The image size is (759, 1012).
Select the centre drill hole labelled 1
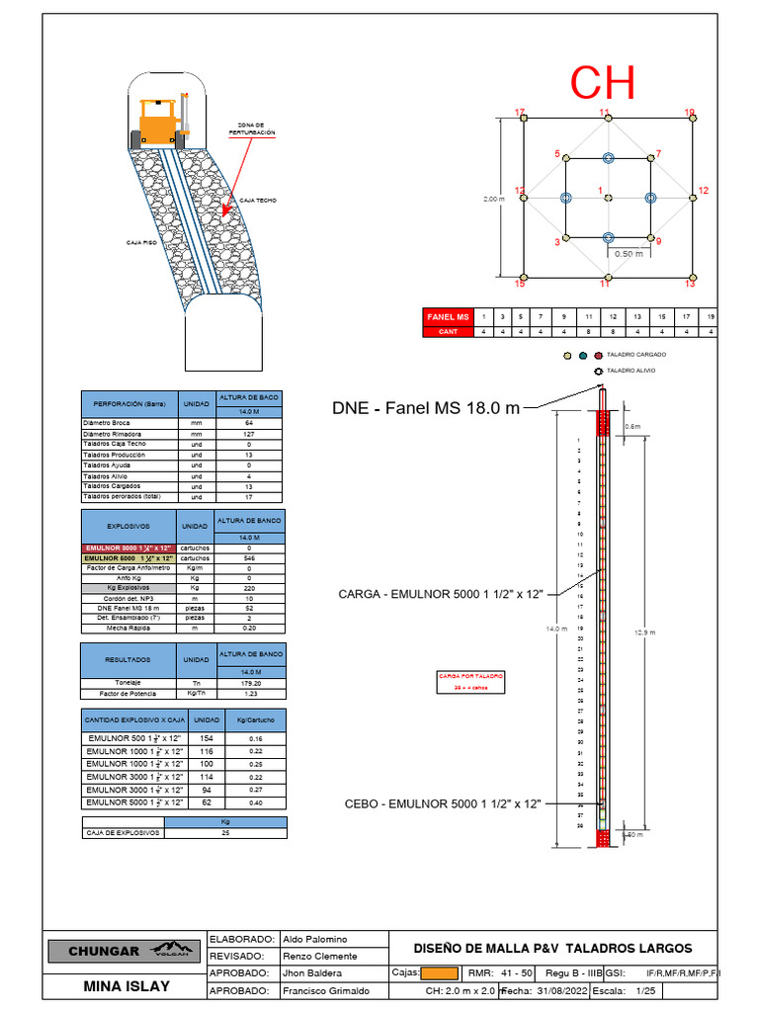click(x=607, y=198)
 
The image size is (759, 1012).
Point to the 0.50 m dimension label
click(x=629, y=254)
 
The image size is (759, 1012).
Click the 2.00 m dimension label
click(x=493, y=199)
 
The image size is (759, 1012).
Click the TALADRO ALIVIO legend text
click(x=632, y=371)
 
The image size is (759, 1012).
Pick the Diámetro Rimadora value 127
click(x=249, y=433)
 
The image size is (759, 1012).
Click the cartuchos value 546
click(x=249, y=557)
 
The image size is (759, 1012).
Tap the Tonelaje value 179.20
click(x=249, y=683)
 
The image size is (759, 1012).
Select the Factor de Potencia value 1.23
click(x=249, y=693)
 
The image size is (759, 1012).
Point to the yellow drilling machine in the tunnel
click(x=163, y=116)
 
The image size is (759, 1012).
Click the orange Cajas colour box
click(x=439, y=973)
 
